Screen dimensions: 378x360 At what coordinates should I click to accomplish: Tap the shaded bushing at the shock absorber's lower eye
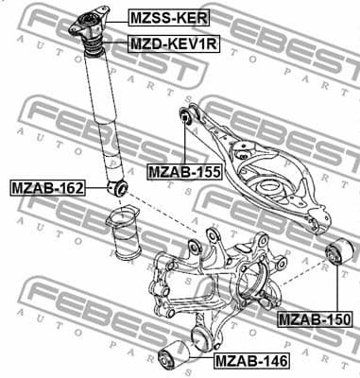[x=119, y=188]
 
